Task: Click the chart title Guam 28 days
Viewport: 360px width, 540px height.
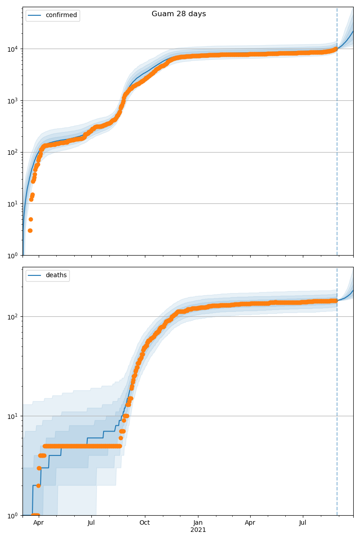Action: click(179, 14)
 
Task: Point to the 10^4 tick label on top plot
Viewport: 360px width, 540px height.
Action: click(12, 49)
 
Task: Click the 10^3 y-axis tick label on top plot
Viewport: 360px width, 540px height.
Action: click(12, 100)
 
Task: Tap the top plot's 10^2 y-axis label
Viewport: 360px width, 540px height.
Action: click(12, 152)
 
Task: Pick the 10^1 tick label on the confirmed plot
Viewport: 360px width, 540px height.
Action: click(12, 204)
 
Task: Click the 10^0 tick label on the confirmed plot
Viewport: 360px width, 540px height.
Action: click(12, 256)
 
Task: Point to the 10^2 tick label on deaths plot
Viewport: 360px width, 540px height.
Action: click(12, 316)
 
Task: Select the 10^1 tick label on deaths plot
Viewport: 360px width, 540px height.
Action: click(12, 416)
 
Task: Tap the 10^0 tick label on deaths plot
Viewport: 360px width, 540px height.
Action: click(12, 515)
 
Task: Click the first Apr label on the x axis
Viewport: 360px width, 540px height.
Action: click(39, 523)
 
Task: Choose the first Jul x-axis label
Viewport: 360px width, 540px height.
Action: click(91, 523)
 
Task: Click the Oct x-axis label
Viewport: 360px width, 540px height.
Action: click(145, 523)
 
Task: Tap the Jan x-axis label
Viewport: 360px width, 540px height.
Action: click(198, 523)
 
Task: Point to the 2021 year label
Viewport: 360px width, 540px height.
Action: click(198, 530)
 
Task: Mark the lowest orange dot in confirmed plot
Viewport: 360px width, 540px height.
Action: click(30, 230)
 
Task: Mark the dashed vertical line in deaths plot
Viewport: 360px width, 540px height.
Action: click(337, 405)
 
